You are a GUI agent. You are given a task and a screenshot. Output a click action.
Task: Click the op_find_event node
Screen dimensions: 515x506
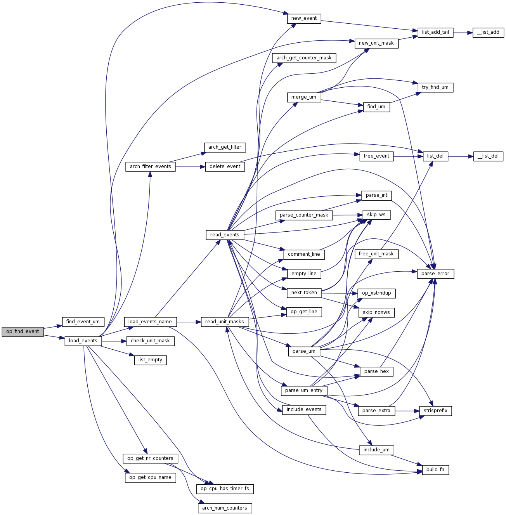23,331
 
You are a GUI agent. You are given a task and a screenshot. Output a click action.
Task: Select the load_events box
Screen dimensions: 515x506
83,341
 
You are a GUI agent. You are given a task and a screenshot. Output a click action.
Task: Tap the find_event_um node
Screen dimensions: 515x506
83,322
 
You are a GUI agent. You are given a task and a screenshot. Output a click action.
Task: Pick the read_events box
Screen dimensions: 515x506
225,235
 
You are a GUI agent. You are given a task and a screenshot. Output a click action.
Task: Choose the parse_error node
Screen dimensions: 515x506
435,274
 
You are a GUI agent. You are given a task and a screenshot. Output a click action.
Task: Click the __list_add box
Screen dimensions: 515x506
488,32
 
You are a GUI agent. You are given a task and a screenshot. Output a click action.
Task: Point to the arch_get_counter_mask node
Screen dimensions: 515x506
304,58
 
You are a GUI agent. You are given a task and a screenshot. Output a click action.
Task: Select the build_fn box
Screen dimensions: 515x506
435,470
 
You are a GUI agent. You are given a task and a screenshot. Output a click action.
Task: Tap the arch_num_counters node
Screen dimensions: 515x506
225,508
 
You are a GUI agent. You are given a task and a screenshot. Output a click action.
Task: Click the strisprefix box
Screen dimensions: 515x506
435,411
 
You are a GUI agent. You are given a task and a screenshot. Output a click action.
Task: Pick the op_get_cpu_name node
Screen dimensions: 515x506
150,477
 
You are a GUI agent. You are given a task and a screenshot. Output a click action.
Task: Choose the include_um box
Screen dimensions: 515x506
376,450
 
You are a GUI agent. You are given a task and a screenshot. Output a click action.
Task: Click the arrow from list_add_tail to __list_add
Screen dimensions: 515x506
463,33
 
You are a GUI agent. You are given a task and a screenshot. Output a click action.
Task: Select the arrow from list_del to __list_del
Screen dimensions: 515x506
461,156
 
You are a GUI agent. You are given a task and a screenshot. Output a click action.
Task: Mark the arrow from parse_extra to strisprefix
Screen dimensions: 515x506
407,411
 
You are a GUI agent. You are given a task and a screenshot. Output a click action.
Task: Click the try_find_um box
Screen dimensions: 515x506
435,87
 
